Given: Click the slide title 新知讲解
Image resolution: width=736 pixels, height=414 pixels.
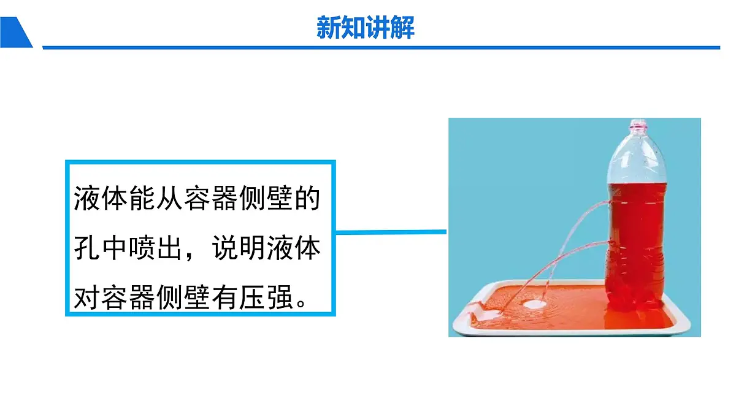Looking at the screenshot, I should coord(366,28).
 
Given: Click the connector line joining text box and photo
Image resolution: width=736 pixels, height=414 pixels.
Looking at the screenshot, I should coord(393,232).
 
